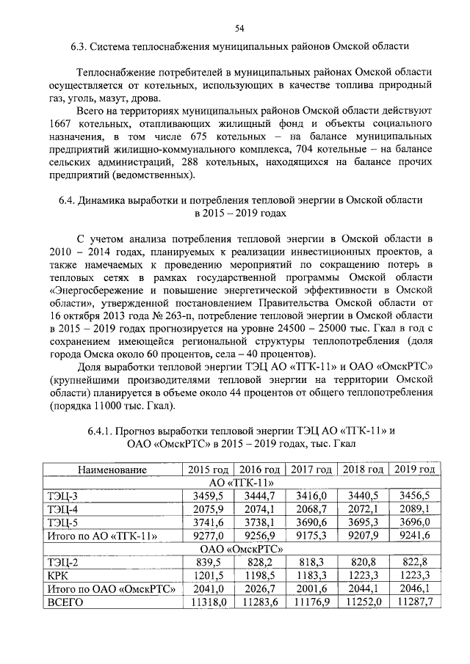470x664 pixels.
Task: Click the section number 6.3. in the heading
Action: [79, 46]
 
